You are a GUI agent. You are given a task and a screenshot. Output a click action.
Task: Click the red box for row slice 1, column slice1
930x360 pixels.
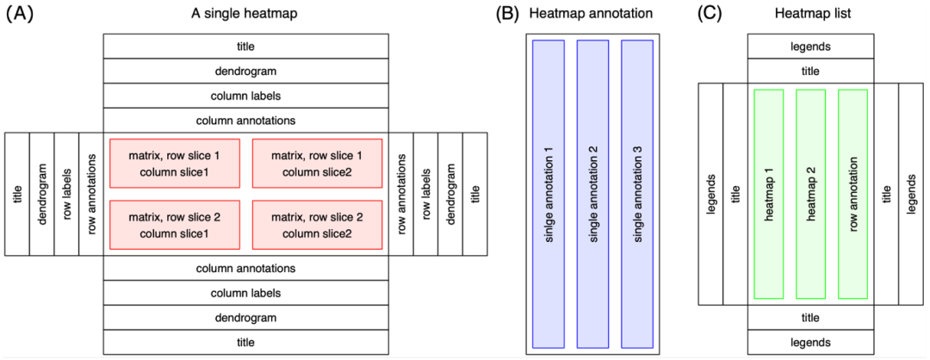175,163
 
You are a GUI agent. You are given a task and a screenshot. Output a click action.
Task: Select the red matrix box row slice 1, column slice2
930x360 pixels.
318,163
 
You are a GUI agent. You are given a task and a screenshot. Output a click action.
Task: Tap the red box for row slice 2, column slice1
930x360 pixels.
175,225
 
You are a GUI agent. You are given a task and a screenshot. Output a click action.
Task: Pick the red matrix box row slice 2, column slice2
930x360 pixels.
318,225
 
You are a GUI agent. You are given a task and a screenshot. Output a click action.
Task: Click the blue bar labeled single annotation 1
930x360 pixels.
549,194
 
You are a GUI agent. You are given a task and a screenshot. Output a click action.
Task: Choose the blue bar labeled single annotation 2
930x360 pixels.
592,194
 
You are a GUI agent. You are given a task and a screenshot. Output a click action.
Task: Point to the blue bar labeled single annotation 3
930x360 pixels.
637,194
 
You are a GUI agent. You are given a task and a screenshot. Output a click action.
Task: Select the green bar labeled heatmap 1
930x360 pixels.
768,194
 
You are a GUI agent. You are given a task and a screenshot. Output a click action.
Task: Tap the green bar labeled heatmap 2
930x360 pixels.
811,194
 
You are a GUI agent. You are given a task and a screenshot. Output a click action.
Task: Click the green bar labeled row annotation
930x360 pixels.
853,194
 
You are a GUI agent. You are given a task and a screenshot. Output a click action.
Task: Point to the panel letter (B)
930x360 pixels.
505,14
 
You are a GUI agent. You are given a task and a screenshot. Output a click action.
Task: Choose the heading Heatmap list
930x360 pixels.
810,14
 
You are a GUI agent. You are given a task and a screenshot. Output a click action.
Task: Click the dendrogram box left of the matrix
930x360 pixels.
42,194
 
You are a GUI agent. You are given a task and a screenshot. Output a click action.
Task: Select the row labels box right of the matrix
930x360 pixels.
425,194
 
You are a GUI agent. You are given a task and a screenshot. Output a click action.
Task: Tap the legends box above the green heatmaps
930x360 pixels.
810,47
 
